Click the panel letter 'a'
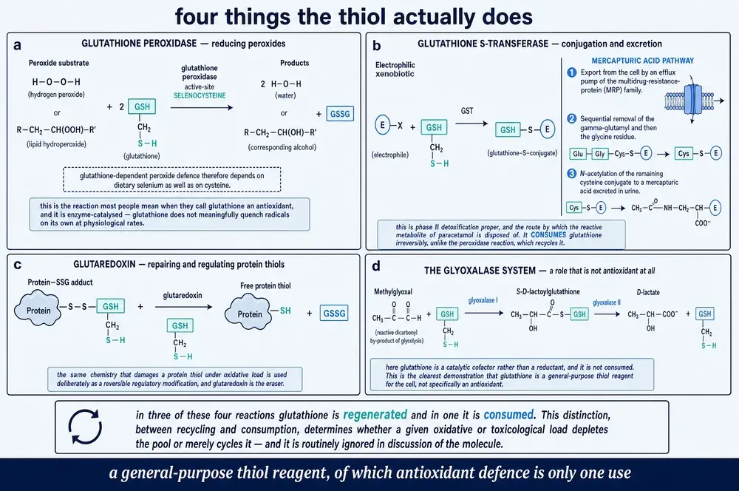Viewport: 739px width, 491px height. point(18,45)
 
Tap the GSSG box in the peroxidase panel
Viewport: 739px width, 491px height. point(340,114)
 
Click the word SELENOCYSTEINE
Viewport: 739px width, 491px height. point(200,95)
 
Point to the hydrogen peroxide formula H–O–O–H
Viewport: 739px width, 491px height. point(56,82)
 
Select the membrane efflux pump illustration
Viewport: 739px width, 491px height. point(689,100)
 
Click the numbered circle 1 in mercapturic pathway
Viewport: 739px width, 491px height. point(572,72)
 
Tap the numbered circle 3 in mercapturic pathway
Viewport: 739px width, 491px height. point(572,174)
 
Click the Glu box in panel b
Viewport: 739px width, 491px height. point(578,154)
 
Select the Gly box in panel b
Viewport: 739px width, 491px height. point(599,154)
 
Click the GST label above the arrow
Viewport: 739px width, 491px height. point(466,111)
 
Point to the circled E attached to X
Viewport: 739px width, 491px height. point(382,126)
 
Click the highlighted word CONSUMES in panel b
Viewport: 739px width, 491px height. point(548,235)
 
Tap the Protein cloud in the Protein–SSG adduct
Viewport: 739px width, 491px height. point(37,309)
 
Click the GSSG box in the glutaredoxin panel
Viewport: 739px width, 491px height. point(334,314)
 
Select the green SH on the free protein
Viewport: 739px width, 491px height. point(285,311)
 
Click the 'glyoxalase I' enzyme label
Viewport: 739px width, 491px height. point(483,300)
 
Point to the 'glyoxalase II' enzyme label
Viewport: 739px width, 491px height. point(607,302)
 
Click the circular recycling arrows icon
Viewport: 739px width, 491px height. point(85,427)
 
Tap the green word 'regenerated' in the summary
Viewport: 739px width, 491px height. point(375,415)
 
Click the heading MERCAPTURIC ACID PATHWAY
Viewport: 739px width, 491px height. point(642,61)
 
